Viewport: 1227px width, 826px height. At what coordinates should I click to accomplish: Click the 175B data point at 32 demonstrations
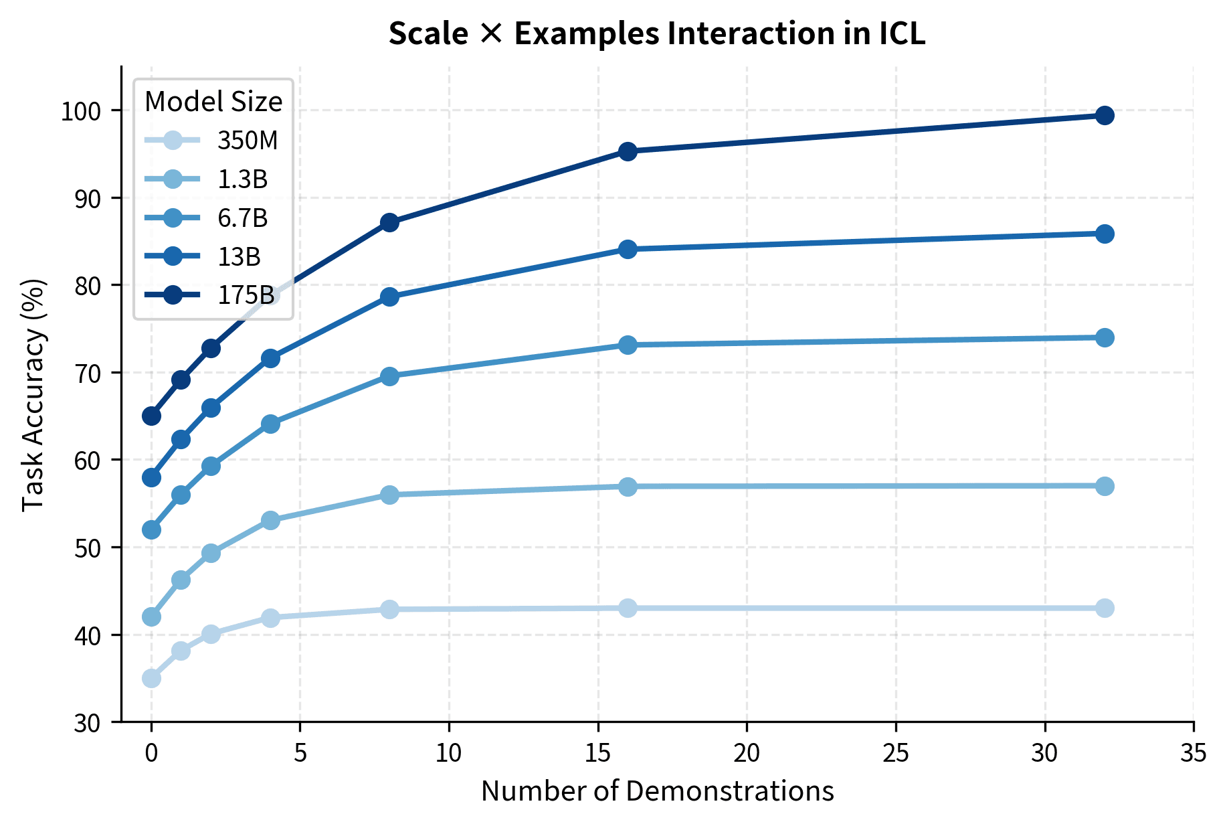click(1105, 115)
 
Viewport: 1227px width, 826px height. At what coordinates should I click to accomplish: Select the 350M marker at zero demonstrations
click(151, 678)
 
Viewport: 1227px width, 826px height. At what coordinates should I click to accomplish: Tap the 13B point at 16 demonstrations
click(628, 249)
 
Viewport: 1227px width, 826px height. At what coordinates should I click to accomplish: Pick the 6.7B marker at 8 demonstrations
click(389, 376)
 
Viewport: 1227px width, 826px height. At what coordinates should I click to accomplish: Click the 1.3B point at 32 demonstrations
click(1105, 486)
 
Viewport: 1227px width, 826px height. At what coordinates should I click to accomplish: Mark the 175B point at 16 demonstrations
click(628, 151)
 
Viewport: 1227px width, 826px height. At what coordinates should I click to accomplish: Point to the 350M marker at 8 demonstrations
click(389, 609)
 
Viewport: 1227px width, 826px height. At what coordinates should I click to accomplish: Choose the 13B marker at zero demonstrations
click(151, 477)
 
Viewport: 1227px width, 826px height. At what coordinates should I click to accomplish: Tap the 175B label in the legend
click(245, 295)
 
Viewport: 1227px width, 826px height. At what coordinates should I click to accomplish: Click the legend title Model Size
click(213, 102)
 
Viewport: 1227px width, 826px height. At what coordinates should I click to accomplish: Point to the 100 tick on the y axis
click(85, 111)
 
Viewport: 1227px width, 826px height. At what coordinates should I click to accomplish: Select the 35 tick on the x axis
click(1194, 754)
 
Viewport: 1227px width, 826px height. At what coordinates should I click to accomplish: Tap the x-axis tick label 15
click(597, 754)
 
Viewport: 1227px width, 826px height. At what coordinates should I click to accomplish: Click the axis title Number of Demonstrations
click(657, 791)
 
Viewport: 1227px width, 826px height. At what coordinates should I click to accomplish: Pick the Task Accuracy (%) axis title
click(33, 395)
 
